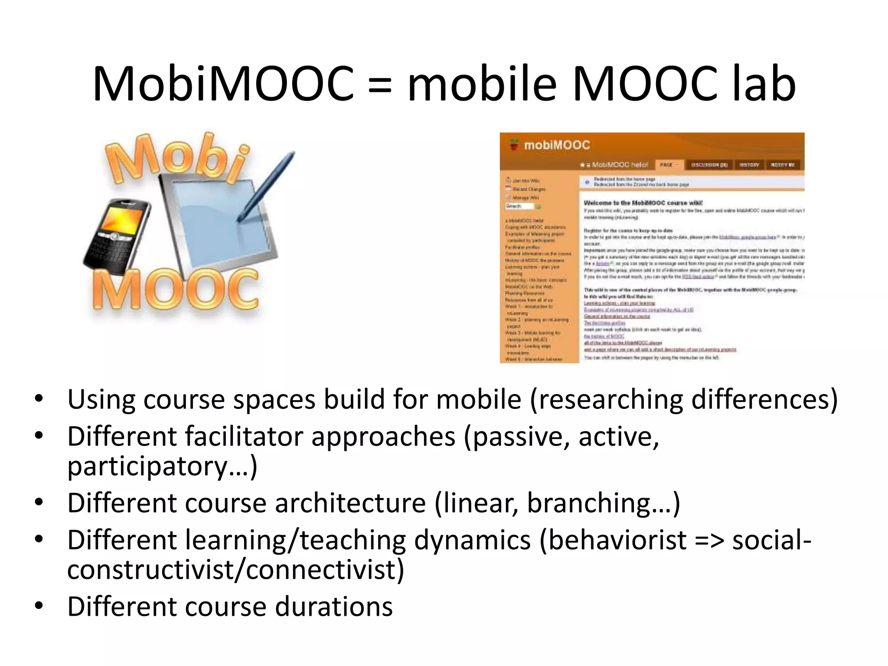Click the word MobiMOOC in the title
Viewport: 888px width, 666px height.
coord(223,84)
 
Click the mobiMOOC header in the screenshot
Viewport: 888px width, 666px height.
coord(557,145)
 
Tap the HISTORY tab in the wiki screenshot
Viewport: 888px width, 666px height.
coord(749,165)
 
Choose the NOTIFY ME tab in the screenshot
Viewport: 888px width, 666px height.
coord(783,165)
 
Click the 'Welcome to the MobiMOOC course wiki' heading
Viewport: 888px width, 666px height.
coord(643,203)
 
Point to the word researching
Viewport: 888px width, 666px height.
coord(610,399)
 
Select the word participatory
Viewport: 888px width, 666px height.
coord(147,467)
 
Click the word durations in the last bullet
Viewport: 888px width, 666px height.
coord(334,607)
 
